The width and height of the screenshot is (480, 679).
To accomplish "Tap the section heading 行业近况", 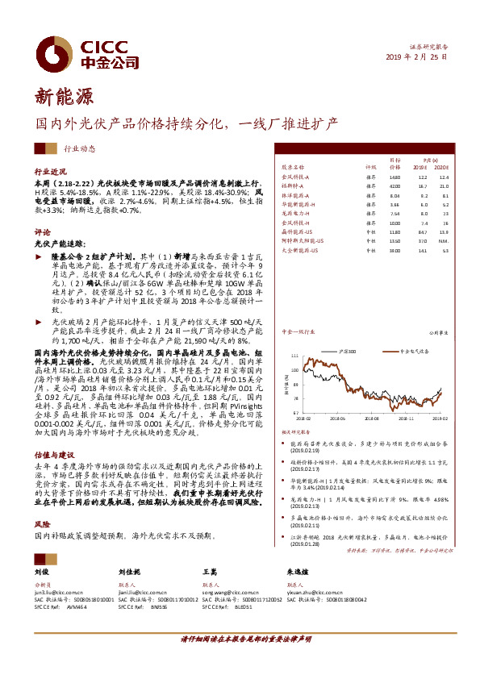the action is point(50,173).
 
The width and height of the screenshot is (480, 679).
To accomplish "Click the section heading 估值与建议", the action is point(52,454).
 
